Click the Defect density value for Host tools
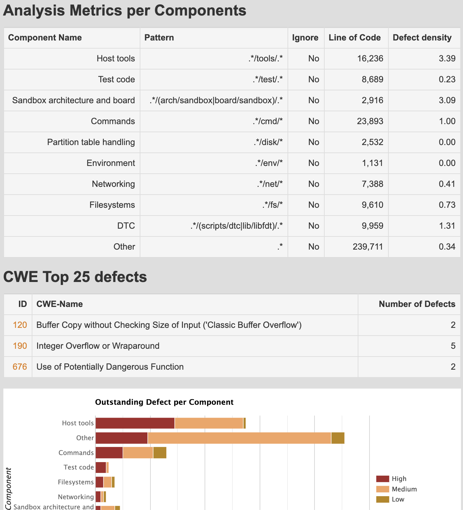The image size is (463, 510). [447, 59]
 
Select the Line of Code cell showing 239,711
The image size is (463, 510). [368, 247]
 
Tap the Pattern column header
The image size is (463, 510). [159, 38]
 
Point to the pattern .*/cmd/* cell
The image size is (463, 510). [268, 121]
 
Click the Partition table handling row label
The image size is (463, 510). [91, 142]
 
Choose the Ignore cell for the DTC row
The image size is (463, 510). [313, 226]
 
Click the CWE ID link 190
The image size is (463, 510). [20, 346]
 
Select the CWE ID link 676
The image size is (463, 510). [20, 367]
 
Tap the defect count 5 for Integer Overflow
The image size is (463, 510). [453, 346]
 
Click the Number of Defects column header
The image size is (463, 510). [417, 304]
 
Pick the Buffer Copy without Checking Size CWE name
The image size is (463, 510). [169, 325]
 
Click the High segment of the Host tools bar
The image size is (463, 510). [135, 423]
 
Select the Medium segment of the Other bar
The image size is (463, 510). [239, 438]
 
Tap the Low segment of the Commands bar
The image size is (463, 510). [160, 453]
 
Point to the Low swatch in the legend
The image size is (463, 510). [382, 500]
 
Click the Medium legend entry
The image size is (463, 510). [404, 489]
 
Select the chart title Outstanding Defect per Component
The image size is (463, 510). [164, 402]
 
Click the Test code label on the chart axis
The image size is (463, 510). [79, 467]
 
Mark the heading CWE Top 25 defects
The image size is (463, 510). [75, 277]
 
